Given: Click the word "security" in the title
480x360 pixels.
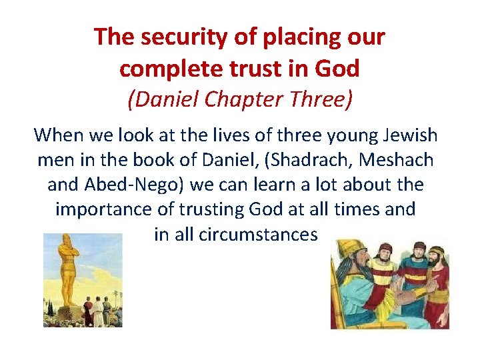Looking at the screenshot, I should (177, 37).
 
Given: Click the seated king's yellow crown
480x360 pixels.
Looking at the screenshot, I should (349, 251).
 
